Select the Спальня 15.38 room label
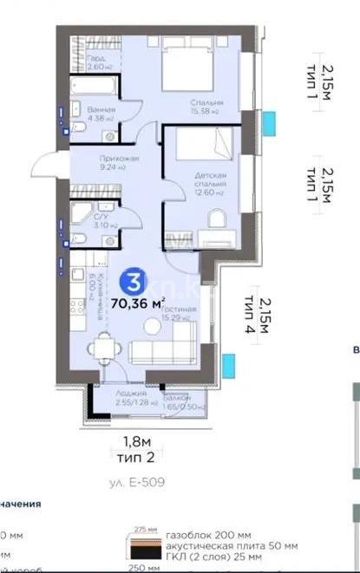coord(206,107)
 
